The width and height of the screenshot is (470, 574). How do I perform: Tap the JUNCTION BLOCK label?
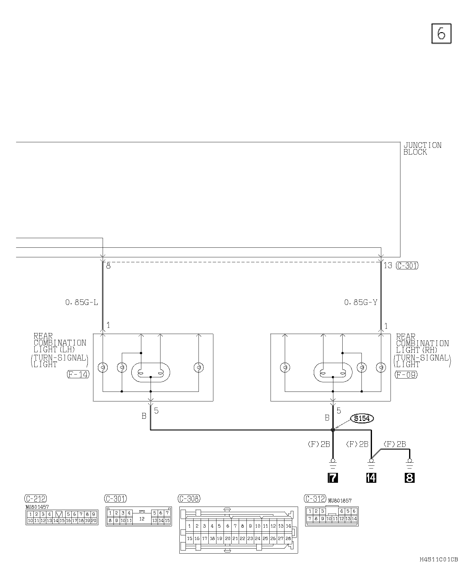tap(422, 148)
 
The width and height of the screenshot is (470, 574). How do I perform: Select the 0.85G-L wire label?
tap(82, 302)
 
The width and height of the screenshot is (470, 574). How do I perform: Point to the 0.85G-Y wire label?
tap(361, 302)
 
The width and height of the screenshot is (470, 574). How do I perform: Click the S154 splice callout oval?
tap(362, 418)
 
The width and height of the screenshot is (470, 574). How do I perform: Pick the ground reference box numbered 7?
tap(333, 478)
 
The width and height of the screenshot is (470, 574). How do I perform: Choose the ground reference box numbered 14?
tap(371, 478)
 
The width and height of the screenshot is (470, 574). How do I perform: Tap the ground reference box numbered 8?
tap(409, 478)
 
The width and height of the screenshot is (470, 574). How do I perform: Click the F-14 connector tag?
tap(78, 375)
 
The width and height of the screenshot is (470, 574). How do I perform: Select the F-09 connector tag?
tap(406, 375)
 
